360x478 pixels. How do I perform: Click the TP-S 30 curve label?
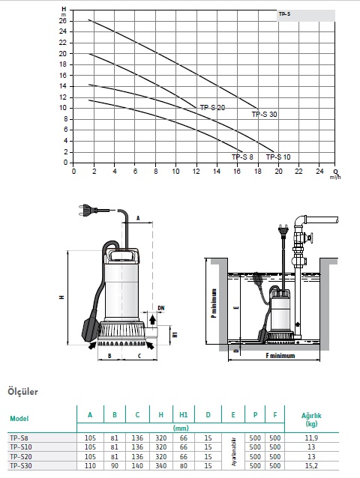point(264,115)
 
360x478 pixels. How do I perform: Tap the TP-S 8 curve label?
point(242,157)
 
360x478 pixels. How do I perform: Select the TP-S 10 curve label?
point(278,157)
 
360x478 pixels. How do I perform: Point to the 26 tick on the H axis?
point(62,21)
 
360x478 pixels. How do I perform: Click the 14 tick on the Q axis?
point(217,172)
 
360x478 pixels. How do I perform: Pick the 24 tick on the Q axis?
point(319,172)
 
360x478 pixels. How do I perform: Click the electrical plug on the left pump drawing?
point(87,211)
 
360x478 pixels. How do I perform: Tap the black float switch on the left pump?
point(90,330)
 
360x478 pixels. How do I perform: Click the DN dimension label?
point(161,308)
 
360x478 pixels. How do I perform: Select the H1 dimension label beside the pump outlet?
point(175,335)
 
